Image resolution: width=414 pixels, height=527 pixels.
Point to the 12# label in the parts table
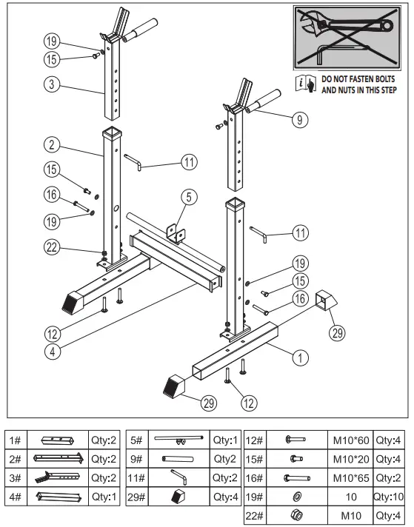254,440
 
